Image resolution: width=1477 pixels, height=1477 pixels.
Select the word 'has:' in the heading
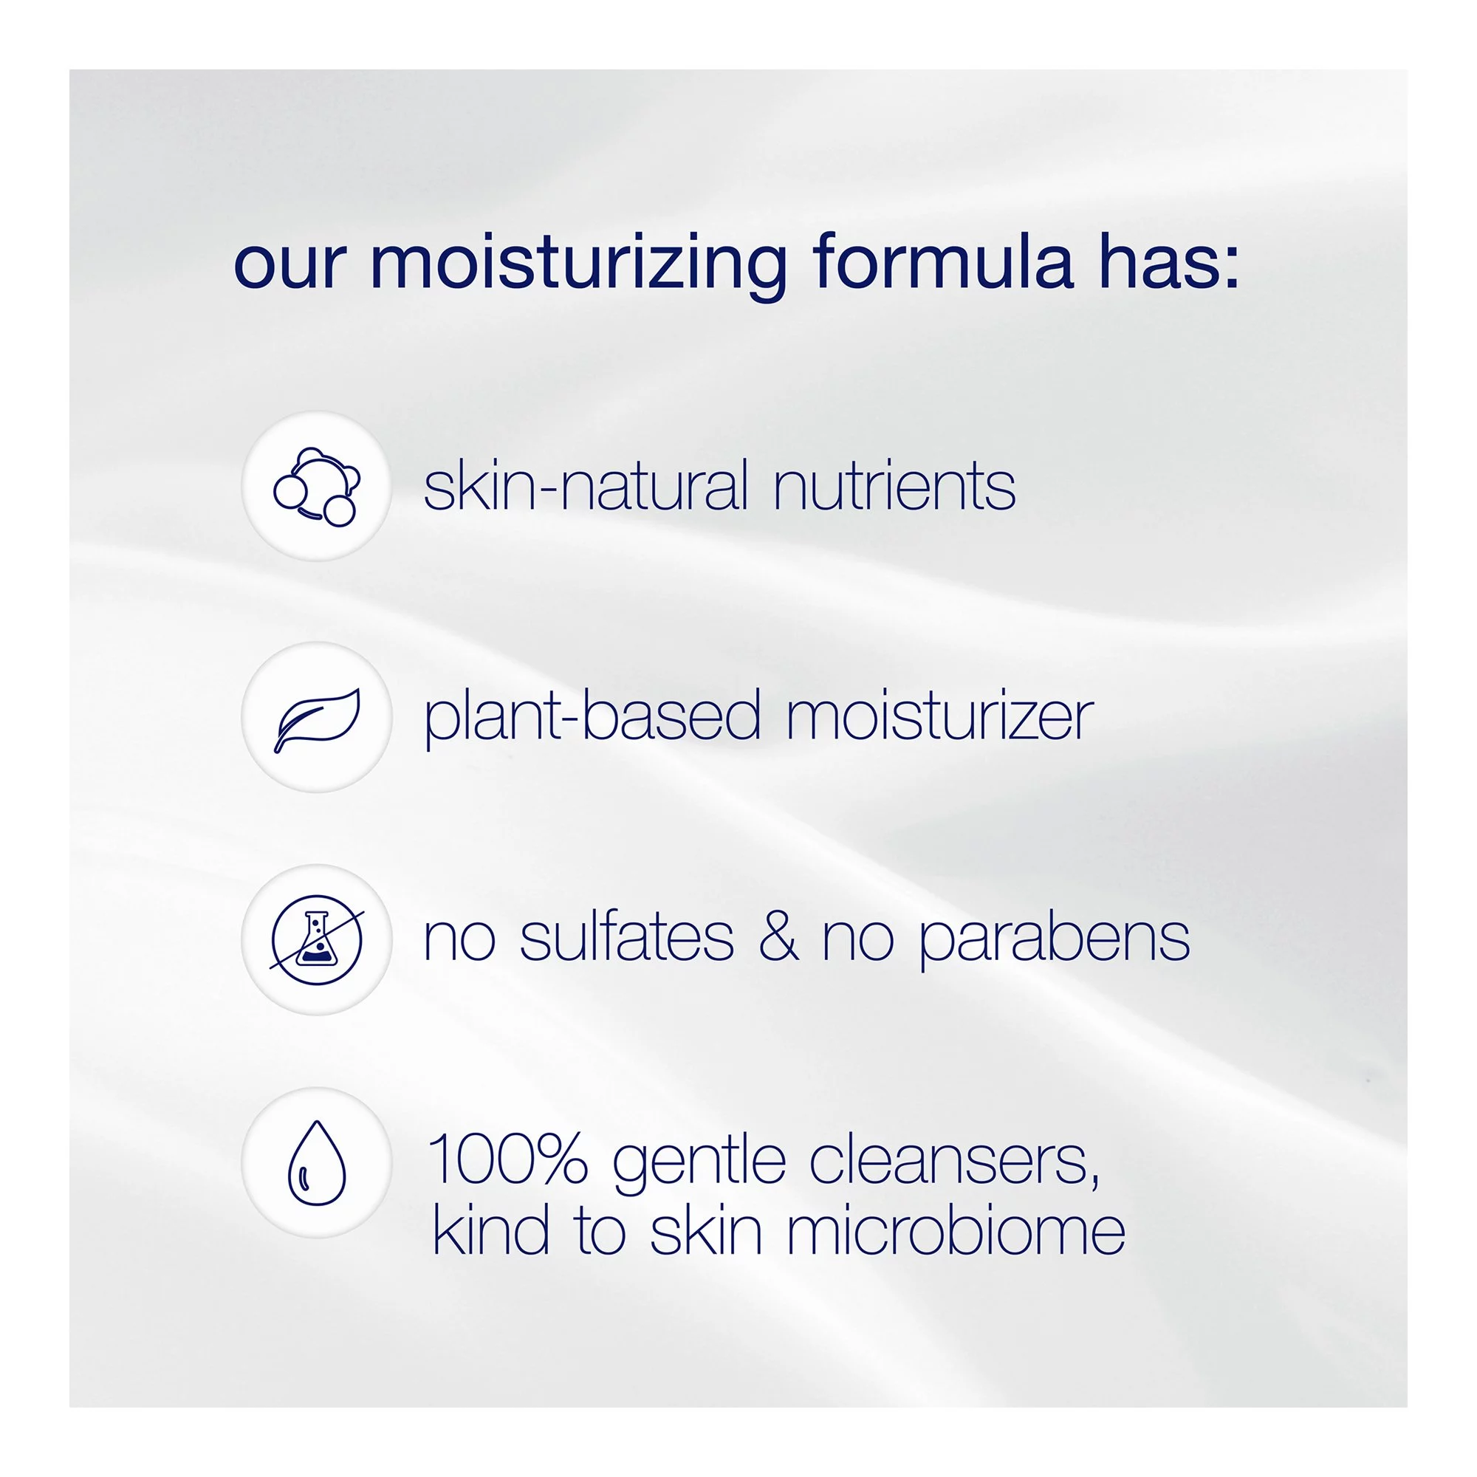coord(1169,264)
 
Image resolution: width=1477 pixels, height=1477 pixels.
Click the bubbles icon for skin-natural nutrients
coord(317,487)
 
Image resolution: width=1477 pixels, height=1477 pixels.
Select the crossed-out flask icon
coord(317,939)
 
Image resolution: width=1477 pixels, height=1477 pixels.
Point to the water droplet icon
coord(317,1163)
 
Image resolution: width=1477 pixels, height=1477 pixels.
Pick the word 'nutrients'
coord(894,487)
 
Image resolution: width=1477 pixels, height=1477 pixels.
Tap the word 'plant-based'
coord(592,717)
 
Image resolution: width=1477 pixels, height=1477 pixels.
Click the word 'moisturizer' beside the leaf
coord(939,717)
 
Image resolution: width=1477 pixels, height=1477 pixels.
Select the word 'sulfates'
coord(627,938)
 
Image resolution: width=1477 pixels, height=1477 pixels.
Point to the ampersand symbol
coord(778,938)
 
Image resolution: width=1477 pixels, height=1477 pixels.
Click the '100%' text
coord(507,1159)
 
